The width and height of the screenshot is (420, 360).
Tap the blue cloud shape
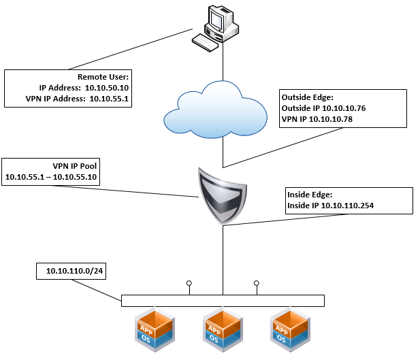[223, 110]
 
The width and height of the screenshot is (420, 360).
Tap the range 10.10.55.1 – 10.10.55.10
[52, 178]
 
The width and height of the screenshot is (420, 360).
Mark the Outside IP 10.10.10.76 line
[323, 108]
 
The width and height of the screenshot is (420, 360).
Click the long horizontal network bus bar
[223, 301]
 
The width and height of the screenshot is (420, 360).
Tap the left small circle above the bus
[189, 282]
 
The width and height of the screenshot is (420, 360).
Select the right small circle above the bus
[257, 282]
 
